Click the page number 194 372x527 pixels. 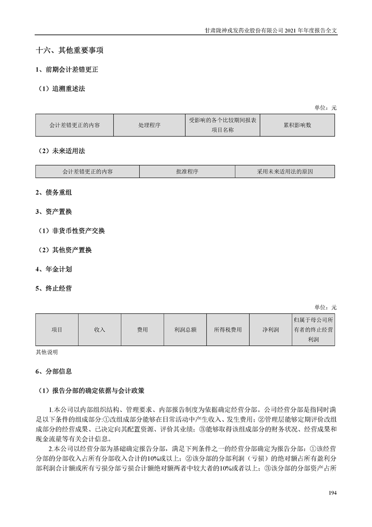[332, 492]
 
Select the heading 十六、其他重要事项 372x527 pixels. [69, 50]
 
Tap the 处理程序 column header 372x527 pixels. [149, 125]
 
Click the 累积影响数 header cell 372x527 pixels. [297, 125]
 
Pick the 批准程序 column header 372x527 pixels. [187, 171]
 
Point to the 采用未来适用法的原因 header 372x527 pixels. [285, 171]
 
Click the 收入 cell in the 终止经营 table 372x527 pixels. [99, 330]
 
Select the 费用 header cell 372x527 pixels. [142, 330]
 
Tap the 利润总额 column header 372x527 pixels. [185, 330]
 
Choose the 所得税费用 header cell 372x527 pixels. [228, 330]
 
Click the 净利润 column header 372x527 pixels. [271, 330]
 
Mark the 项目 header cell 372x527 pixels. [57, 330]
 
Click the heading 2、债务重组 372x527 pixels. [53, 193]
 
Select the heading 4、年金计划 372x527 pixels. [53, 269]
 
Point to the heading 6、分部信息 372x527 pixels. [53, 371]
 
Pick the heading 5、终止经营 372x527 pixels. [53, 288]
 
